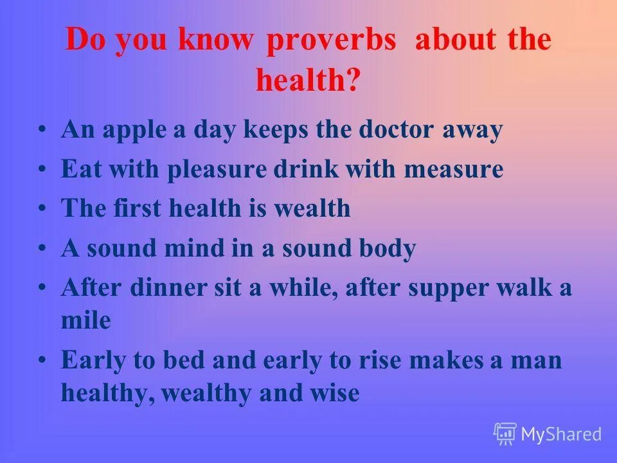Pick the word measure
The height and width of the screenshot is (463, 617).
coord(454,170)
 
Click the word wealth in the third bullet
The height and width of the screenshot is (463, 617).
coord(314,209)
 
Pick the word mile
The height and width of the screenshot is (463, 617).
coord(85,320)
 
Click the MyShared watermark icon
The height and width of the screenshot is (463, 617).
coord(505,434)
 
